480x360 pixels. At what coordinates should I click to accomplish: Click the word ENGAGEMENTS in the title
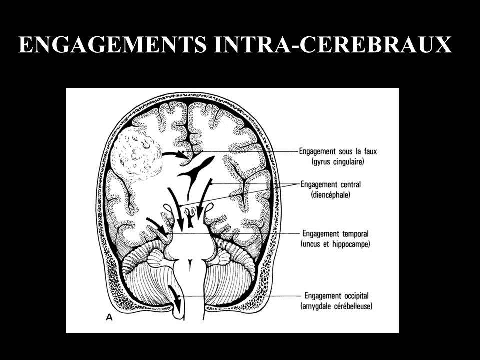tap(112, 45)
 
